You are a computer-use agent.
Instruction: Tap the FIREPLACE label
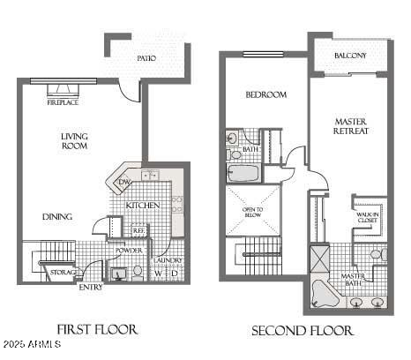(64, 101)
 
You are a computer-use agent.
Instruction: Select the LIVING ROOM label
(74, 141)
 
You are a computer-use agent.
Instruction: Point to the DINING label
(57, 216)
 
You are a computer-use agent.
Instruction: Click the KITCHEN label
(142, 206)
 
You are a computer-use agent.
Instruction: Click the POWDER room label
(130, 251)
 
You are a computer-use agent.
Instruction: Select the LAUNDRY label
(167, 260)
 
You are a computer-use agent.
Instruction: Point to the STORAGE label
(62, 272)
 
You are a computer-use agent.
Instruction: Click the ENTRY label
(91, 287)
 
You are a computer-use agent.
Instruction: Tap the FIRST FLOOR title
(97, 329)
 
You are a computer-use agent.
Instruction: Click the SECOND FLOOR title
(303, 331)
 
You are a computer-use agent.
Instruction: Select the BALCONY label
(350, 56)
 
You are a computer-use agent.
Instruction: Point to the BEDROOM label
(265, 94)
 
